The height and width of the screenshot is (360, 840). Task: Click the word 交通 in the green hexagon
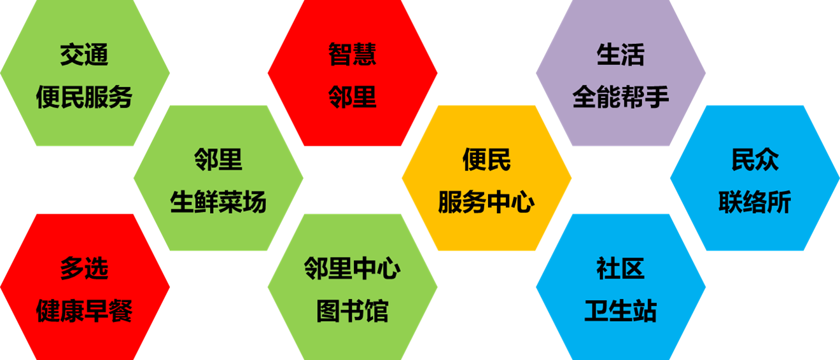click(85, 55)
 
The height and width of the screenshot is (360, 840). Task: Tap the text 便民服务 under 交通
click(85, 97)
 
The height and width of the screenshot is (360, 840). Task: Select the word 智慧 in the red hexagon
click(353, 55)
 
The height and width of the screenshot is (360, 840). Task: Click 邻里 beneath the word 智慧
click(353, 97)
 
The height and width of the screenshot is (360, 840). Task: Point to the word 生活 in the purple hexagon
click(620, 55)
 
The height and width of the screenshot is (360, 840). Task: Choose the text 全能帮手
click(620, 97)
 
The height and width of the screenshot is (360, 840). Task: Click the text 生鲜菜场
click(218, 203)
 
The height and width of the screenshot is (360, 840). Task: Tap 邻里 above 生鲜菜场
click(218, 160)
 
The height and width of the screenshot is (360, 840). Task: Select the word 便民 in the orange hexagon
click(487, 160)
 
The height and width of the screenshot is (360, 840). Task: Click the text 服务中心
click(487, 203)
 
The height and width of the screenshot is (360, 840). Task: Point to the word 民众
click(755, 160)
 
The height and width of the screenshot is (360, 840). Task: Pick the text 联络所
click(755, 203)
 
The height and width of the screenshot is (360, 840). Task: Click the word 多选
click(85, 269)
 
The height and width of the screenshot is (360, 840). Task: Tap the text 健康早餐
click(85, 312)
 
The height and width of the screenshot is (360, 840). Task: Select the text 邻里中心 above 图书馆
click(353, 269)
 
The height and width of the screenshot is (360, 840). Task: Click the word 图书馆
click(353, 312)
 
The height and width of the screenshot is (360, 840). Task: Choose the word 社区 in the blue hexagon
click(620, 269)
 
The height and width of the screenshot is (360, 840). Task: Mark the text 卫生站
click(620, 312)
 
